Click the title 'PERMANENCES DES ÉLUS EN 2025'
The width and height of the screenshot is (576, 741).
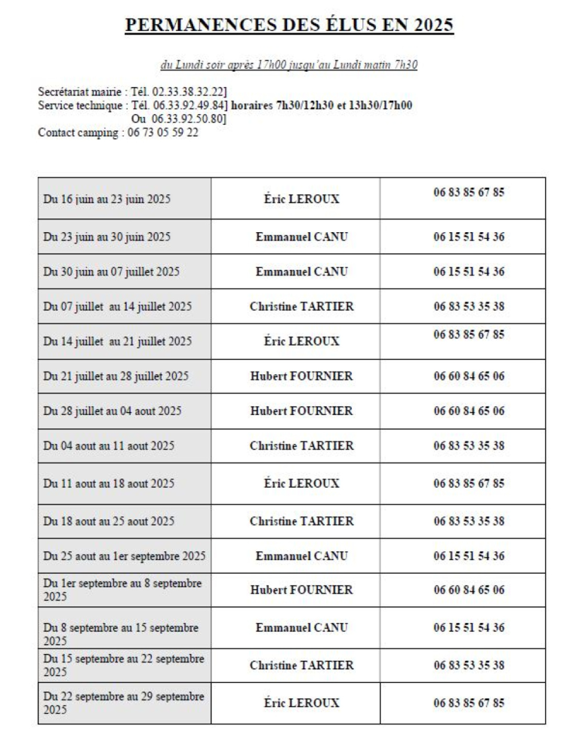click(x=289, y=25)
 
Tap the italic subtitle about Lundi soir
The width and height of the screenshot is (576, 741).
click(x=289, y=65)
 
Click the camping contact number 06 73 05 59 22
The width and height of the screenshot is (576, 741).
click(x=163, y=133)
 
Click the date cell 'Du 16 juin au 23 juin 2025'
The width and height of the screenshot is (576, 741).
click(x=107, y=199)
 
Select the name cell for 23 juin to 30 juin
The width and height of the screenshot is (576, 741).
click(x=302, y=237)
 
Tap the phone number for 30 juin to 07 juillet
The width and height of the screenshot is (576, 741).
click(x=469, y=272)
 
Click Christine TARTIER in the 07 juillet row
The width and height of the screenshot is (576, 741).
click(x=302, y=307)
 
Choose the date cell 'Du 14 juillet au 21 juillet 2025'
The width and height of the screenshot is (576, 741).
click(x=117, y=342)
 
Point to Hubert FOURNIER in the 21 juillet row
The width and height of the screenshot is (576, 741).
click(x=302, y=376)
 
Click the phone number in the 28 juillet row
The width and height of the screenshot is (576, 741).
click(x=469, y=411)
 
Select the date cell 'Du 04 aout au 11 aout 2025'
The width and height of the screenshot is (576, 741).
click(x=109, y=446)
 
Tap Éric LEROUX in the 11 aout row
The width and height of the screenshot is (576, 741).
click(x=302, y=484)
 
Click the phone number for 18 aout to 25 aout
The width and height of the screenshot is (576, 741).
click(x=469, y=521)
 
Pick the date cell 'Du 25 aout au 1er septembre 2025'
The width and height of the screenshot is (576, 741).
click(x=124, y=556)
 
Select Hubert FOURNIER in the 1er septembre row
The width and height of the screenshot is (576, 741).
click(x=302, y=590)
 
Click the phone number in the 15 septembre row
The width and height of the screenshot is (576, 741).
click(x=469, y=666)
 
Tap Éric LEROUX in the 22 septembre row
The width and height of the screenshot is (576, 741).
click(x=302, y=703)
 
